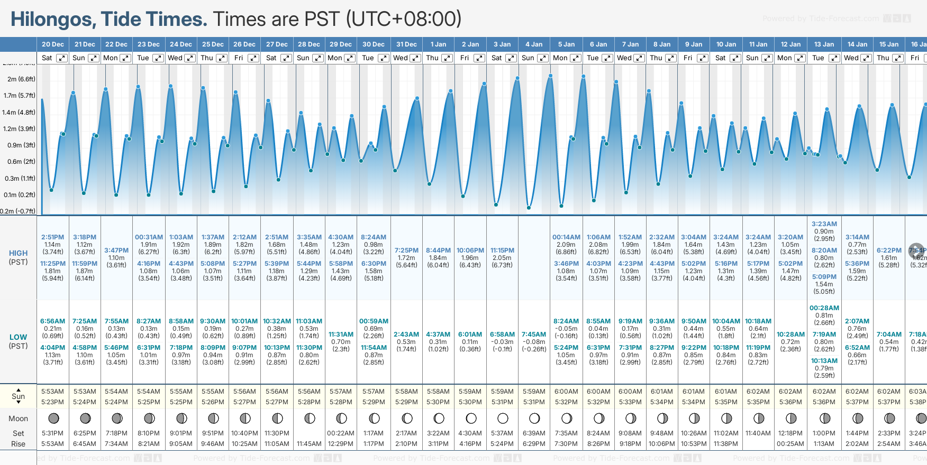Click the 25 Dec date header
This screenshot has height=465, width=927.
tap(213, 44)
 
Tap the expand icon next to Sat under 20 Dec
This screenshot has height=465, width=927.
tap(62, 58)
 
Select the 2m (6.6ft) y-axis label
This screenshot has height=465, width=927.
tap(21, 79)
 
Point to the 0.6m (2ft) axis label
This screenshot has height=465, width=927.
tap(21, 162)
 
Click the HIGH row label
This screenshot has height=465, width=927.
tap(18, 253)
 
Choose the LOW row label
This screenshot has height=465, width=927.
tap(18, 337)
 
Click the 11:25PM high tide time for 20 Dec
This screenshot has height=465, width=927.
tap(52, 264)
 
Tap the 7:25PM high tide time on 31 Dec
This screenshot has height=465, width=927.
tap(406, 250)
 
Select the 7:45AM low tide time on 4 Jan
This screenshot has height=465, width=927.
tap(534, 334)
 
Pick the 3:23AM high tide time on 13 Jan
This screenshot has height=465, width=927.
tap(824, 224)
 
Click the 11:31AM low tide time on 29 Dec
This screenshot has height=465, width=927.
tap(341, 334)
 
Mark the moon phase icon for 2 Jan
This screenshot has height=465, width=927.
tap(470, 418)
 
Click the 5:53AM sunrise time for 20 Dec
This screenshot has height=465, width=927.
tap(52, 392)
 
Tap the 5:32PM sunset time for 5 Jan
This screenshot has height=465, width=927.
tap(566, 402)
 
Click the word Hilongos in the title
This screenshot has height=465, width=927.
tap(53, 19)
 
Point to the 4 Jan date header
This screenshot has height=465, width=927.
tap(534, 44)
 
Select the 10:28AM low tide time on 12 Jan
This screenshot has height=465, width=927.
tap(790, 334)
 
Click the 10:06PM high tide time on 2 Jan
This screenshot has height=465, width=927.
tap(470, 250)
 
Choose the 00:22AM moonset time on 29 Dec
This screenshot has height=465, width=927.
tap(341, 433)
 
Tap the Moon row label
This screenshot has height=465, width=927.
tap(18, 418)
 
